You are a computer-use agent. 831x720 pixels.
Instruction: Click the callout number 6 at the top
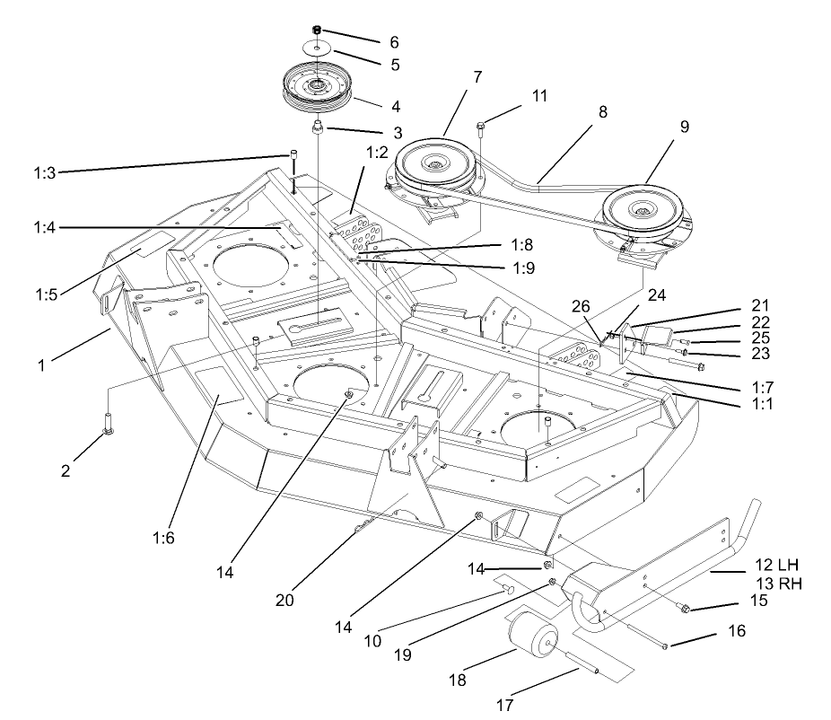click(x=393, y=42)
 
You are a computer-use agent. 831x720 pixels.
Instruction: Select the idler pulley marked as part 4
click(x=319, y=90)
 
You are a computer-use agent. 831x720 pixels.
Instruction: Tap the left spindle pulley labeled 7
click(x=433, y=167)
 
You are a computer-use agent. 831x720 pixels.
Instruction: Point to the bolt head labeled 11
click(x=482, y=127)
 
